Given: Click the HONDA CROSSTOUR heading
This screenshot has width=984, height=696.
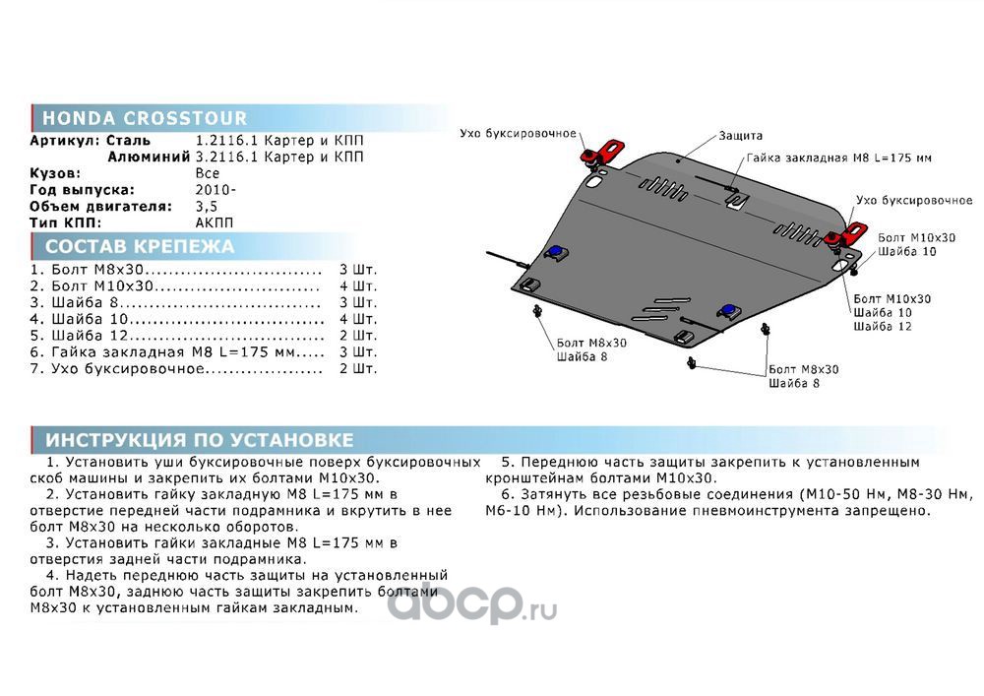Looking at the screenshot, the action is (144, 119).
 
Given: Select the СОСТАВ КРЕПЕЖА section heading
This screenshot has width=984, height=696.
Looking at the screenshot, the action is (140, 246).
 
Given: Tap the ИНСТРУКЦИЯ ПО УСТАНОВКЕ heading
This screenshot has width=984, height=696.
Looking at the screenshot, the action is (199, 439).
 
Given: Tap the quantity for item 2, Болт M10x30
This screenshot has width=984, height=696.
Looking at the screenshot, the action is (357, 285).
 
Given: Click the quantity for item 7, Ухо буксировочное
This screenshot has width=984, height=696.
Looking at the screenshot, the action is (357, 369).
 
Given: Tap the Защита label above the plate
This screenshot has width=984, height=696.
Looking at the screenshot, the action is (740, 135).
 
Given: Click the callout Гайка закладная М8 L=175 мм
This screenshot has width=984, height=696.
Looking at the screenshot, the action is (838, 158).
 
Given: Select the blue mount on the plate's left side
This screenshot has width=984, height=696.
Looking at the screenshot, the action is (554, 253).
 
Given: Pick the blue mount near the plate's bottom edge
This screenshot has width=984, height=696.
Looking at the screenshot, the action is (729, 311).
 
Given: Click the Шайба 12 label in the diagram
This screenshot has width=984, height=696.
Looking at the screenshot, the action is (883, 326).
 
